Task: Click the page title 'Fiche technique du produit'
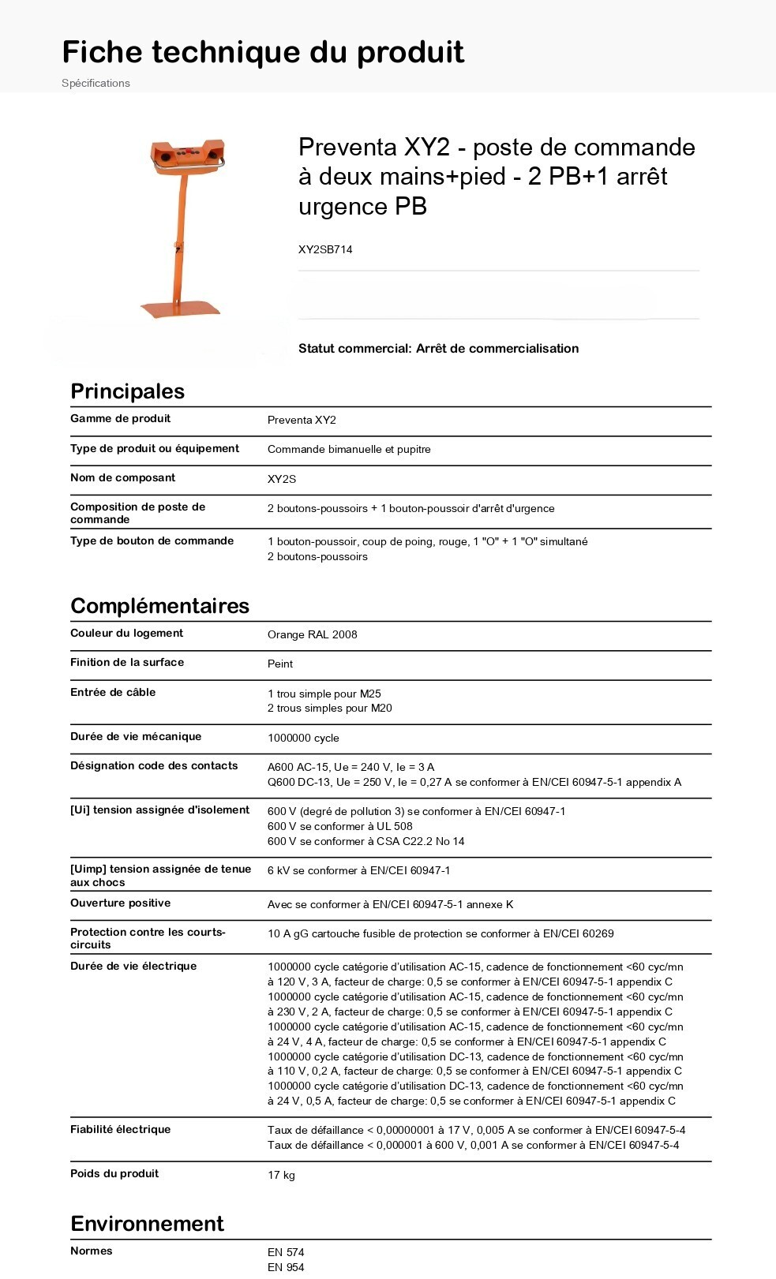pos(263,52)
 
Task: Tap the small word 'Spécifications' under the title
pos(96,83)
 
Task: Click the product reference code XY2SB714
pos(325,249)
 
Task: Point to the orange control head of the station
pos(188,155)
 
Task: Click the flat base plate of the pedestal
pos(180,308)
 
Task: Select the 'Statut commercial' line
pos(438,349)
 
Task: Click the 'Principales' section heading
pos(127,391)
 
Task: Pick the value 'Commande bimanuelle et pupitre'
pos(349,450)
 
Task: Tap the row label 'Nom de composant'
pos(122,478)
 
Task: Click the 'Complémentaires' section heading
pos(159,606)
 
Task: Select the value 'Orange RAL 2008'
pos(312,635)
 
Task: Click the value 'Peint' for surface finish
pos(280,664)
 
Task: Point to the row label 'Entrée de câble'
pos(113,693)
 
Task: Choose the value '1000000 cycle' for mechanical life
pos(303,739)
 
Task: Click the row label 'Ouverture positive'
pos(120,903)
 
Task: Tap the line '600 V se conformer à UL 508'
pos(339,827)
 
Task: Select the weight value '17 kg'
pos(281,1176)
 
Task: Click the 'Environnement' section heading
pos(147,1224)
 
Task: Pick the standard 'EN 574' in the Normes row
pos(286,1253)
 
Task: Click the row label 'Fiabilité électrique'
pos(120,1130)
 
